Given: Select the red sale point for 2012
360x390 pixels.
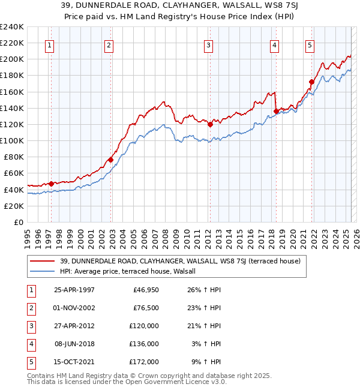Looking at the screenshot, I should pos(210,124).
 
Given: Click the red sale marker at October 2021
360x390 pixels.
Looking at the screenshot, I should pos(311,82).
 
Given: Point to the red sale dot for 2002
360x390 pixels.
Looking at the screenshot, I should pos(110,160).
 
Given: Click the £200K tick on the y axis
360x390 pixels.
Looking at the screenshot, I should pos(11,59).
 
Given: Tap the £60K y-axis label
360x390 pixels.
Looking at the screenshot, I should pos(13,173).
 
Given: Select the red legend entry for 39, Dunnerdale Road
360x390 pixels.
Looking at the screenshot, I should pos(175,261).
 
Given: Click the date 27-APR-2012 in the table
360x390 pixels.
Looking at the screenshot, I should pos(74,326).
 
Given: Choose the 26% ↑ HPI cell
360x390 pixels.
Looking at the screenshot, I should pos(204,290).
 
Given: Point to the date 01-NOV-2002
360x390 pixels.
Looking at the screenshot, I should pos(74,308).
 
